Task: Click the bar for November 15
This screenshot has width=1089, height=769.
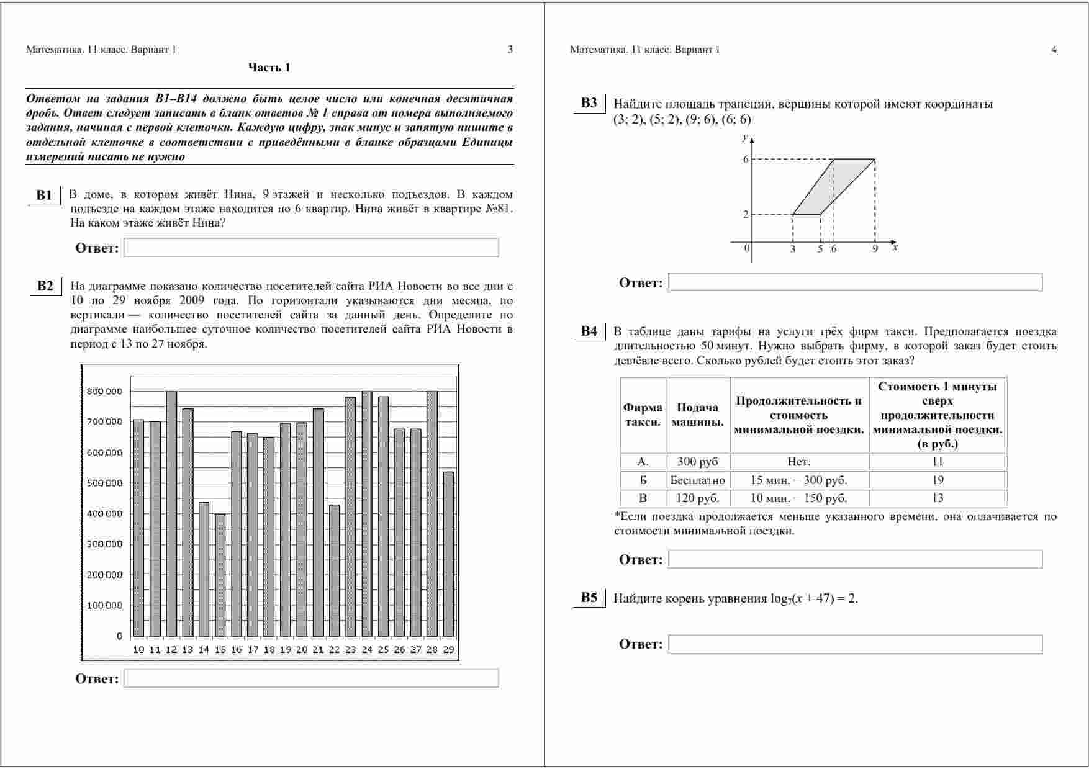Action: [220, 575]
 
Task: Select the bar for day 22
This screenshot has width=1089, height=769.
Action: [335, 570]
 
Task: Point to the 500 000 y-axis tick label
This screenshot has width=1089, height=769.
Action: [104, 483]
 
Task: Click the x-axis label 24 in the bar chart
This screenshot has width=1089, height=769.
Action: [367, 650]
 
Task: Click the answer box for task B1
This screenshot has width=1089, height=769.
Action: [311, 248]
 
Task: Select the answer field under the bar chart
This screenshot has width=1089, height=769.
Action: [311, 678]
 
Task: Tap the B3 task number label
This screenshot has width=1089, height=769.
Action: [589, 103]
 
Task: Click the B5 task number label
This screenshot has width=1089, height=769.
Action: [589, 598]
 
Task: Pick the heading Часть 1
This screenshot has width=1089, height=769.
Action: [269, 68]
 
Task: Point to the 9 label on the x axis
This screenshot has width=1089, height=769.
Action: [875, 249]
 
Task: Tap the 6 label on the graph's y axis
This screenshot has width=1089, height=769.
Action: [746, 160]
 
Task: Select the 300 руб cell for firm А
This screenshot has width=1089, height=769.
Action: [698, 462]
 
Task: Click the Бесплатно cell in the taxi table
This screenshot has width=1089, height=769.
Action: [698, 480]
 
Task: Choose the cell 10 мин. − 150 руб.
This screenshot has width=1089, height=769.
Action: [799, 498]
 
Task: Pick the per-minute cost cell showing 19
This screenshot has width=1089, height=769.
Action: [938, 480]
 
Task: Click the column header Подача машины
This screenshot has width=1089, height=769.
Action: [698, 415]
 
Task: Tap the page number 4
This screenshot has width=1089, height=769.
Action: [1054, 50]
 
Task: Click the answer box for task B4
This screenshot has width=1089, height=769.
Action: [855, 559]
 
